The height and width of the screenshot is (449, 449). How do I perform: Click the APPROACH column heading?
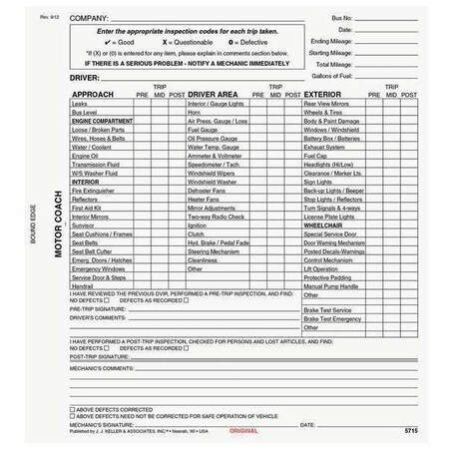[95, 94]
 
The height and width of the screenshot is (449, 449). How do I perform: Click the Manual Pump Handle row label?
[331, 287]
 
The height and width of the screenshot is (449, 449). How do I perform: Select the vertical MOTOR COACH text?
[58, 224]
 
